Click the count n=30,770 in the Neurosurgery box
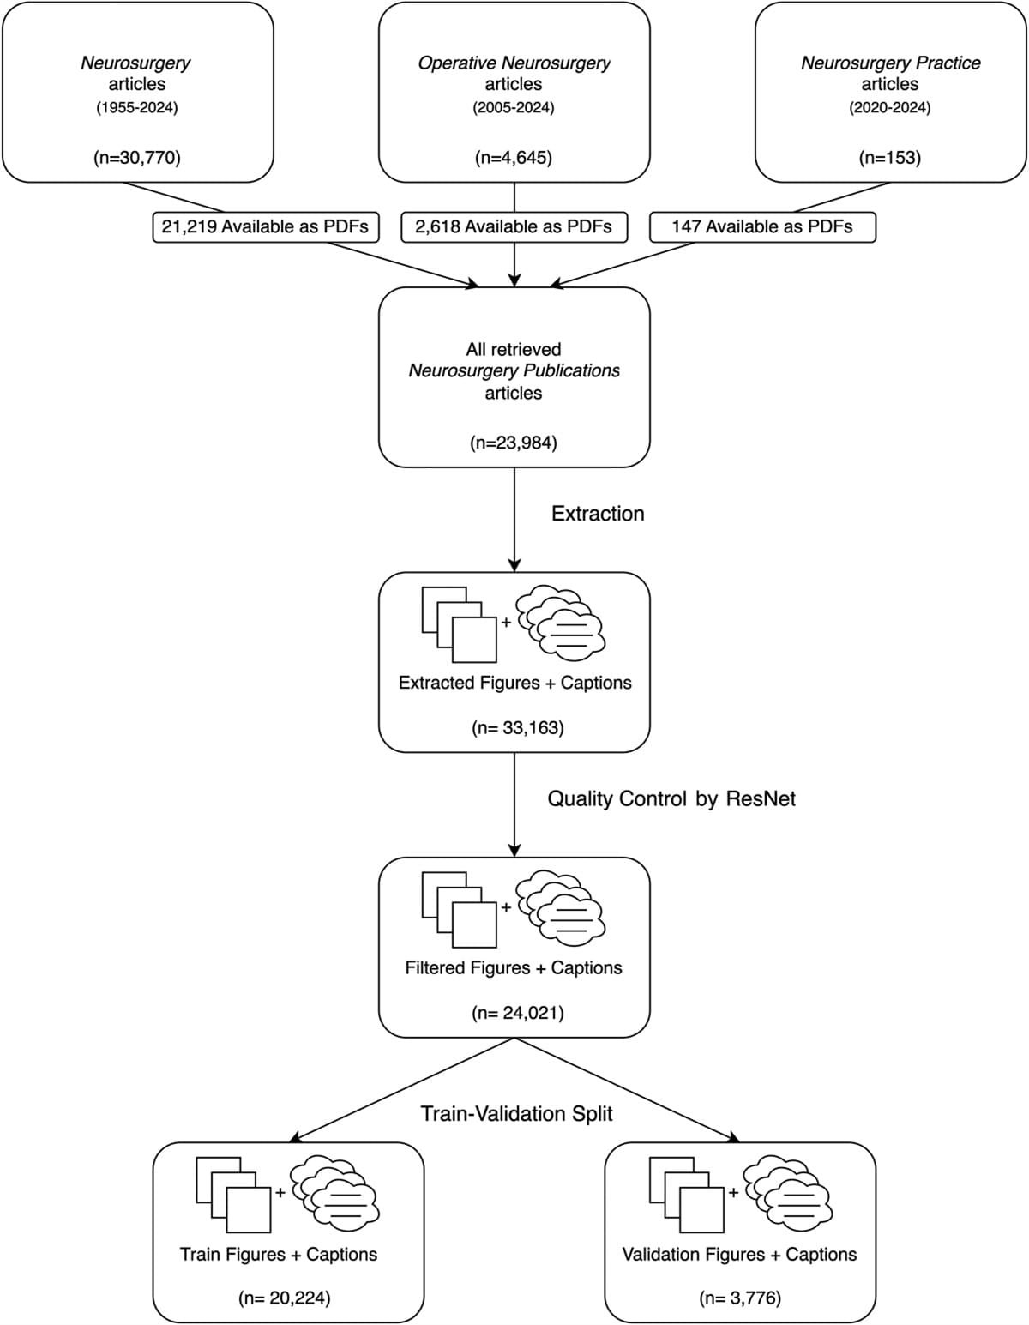[x=137, y=157]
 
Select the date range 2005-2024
[x=514, y=108]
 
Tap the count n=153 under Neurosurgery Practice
[x=890, y=157]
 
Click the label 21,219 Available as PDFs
[x=265, y=226]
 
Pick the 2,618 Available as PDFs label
[x=514, y=226]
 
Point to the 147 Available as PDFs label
[x=762, y=226]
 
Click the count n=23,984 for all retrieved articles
[x=514, y=443]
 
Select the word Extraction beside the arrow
[x=598, y=514]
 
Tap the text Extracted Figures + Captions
[x=514, y=683]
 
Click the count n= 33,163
[x=517, y=728]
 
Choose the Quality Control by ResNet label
[x=671, y=798]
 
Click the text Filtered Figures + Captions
[x=514, y=967]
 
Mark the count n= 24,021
[x=517, y=1013]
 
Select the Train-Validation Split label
[x=517, y=1113]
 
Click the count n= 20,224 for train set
[x=284, y=1298]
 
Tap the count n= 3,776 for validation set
[x=740, y=1298]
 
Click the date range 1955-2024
[x=137, y=108]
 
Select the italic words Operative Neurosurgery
[x=514, y=63]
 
